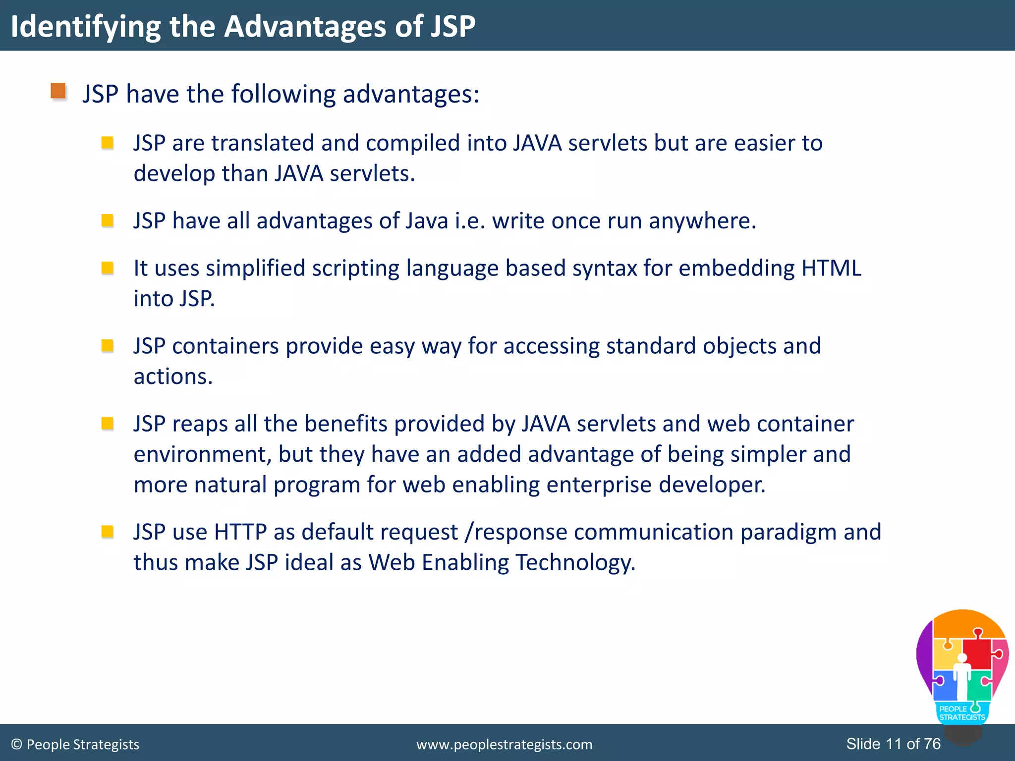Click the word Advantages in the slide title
[x=305, y=26]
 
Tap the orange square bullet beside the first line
[x=58, y=91]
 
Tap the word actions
[x=173, y=377]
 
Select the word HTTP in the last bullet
[x=240, y=532]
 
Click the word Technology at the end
[x=575, y=563]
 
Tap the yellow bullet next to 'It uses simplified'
[x=107, y=268]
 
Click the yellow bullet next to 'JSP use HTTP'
[x=107, y=532]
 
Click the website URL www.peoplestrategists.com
[x=504, y=744]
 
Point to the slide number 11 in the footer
[x=893, y=744]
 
